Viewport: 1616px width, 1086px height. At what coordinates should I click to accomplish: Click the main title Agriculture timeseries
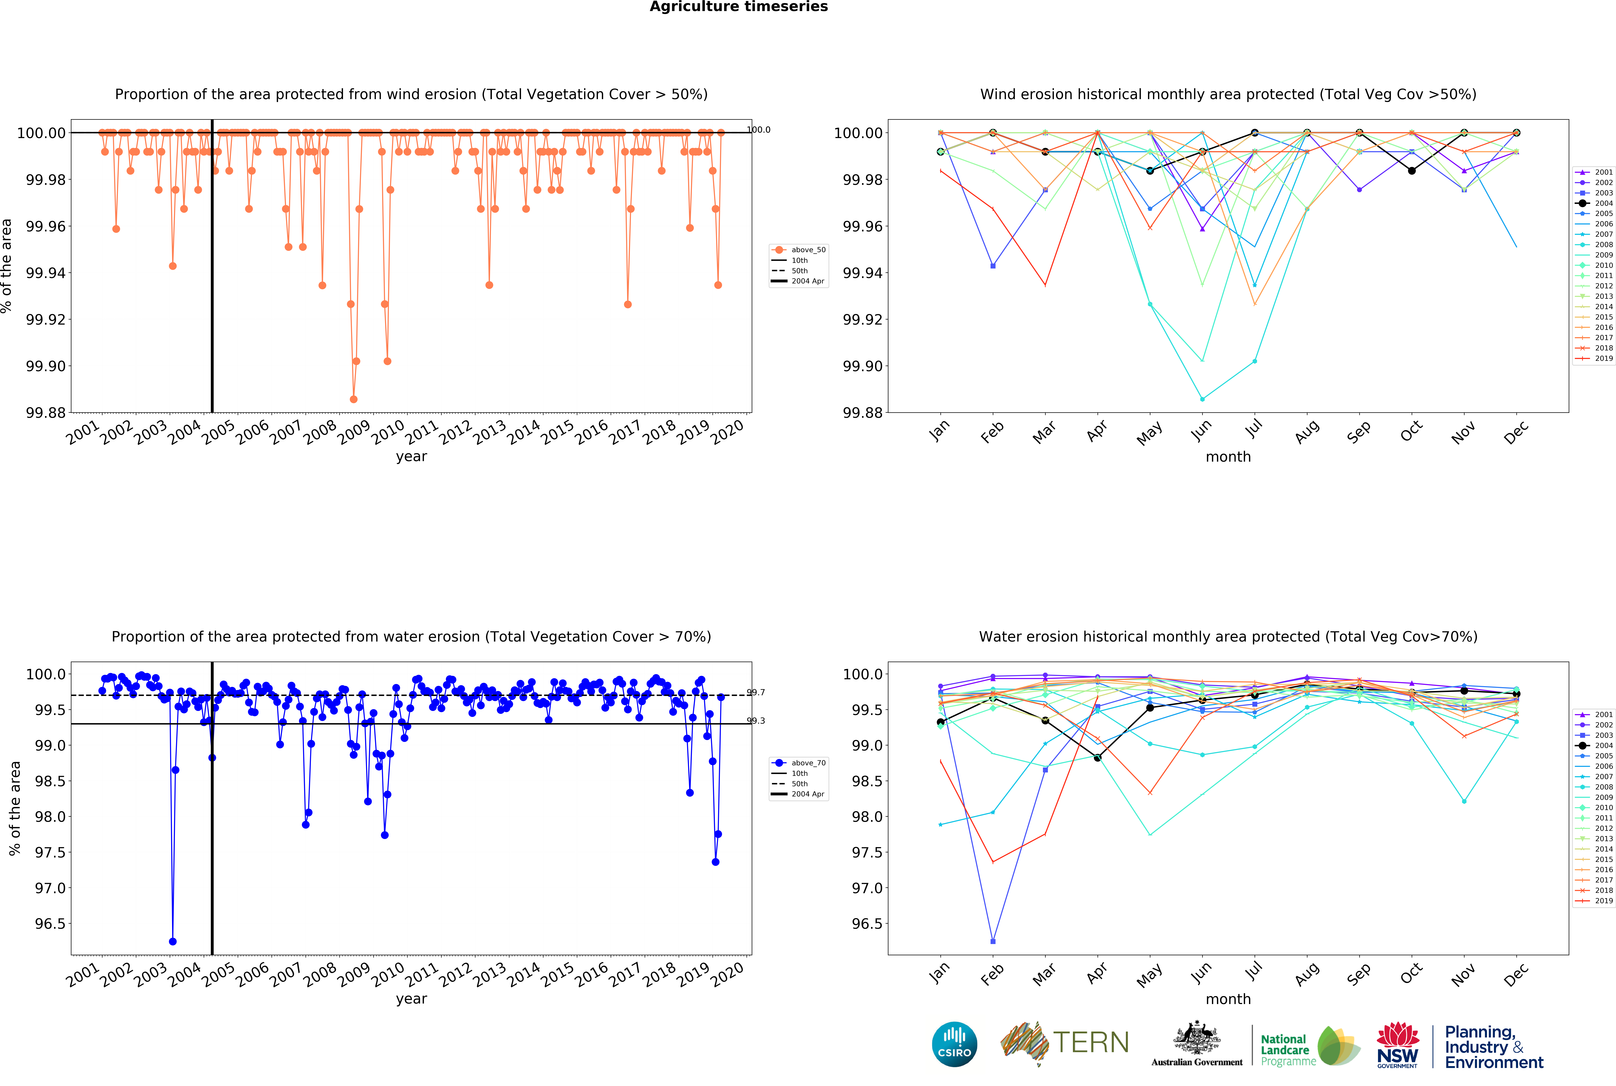(739, 7)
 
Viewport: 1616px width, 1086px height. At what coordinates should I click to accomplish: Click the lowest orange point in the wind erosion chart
(354, 399)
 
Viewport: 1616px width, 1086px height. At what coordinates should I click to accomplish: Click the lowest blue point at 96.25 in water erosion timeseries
(172, 941)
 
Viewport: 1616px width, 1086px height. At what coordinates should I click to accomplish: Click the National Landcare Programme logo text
(1288, 1050)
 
